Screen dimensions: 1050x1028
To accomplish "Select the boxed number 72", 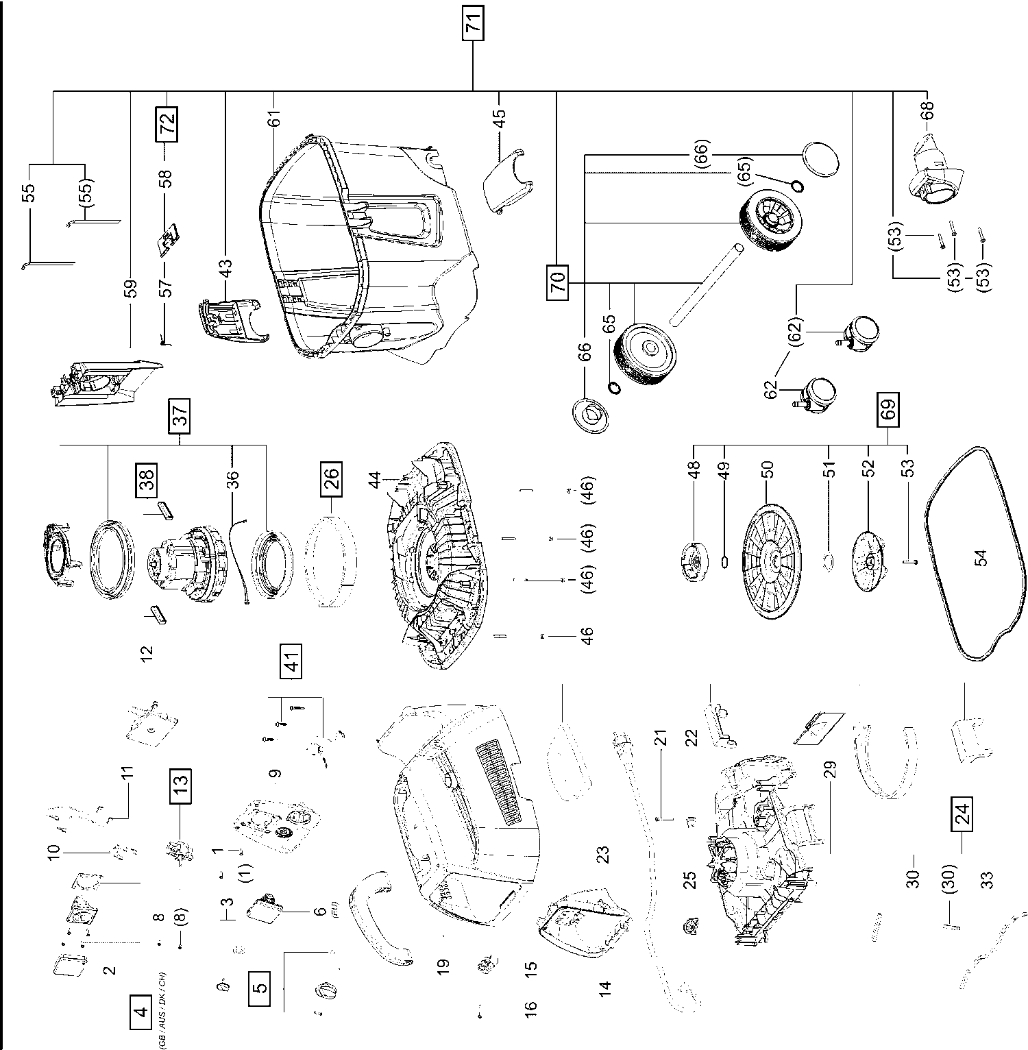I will [x=167, y=124].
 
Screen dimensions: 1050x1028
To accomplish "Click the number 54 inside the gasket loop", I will [x=981, y=557].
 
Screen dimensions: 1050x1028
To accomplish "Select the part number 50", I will [x=768, y=469].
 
